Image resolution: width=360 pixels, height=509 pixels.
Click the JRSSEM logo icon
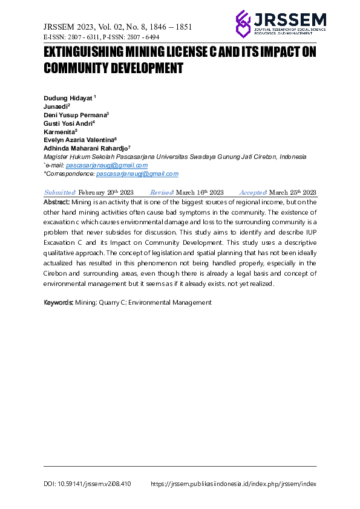pos(243,24)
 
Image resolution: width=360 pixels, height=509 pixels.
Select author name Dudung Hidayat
pos(67,98)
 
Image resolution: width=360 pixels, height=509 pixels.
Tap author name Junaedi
pos(56,106)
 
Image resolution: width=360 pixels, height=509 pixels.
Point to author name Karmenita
pos(59,131)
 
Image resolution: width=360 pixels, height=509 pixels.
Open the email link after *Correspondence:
pos(137,173)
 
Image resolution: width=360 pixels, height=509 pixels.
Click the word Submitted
pos(59,192)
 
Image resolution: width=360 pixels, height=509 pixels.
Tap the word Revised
pos(162,192)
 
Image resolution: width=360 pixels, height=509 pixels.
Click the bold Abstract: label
pos(57,202)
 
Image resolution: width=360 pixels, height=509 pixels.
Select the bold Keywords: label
pos(59,302)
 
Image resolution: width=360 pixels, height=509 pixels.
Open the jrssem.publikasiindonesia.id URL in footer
pos(233,484)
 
